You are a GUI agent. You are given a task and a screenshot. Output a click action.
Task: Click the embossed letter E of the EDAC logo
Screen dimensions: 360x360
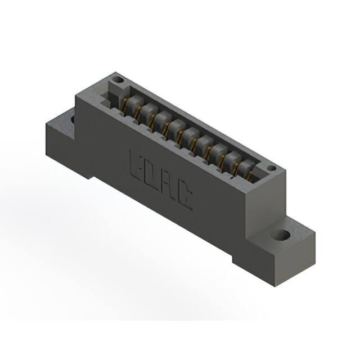click(x=136, y=166)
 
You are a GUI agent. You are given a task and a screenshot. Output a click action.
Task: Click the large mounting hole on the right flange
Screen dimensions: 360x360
click(x=280, y=235)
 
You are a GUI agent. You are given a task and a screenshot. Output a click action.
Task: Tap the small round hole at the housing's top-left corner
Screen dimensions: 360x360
click(x=119, y=80)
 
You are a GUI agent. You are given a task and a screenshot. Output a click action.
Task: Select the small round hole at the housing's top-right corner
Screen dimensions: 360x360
click(x=271, y=168)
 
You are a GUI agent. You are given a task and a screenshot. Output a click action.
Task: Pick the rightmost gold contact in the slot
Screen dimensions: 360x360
click(x=250, y=175)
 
